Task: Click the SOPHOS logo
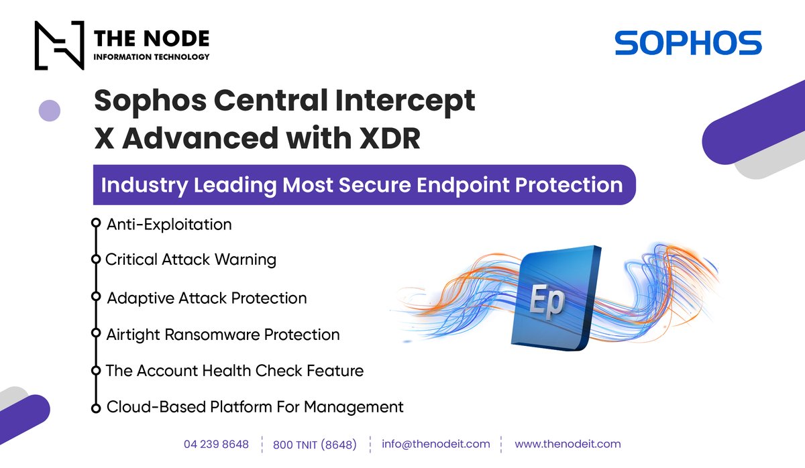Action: click(x=688, y=43)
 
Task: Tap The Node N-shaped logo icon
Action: click(x=59, y=46)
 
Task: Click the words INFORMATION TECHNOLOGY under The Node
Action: click(x=152, y=57)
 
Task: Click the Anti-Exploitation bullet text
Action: click(x=169, y=225)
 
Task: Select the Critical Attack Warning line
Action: click(x=191, y=259)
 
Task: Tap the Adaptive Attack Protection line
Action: click(x=207, y=298)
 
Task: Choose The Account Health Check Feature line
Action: click(x=235, y=370)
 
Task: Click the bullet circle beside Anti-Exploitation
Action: click(x=95, y=224)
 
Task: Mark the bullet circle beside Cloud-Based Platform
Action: click(x=95, y=407)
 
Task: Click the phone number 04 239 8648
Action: click(x=216, y=444)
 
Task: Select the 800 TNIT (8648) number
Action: click(x=315, y=445)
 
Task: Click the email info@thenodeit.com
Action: click(x=435, y=444)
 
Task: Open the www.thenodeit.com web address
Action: click(x=568, y=444)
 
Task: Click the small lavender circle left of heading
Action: click(x=50, y=110)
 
